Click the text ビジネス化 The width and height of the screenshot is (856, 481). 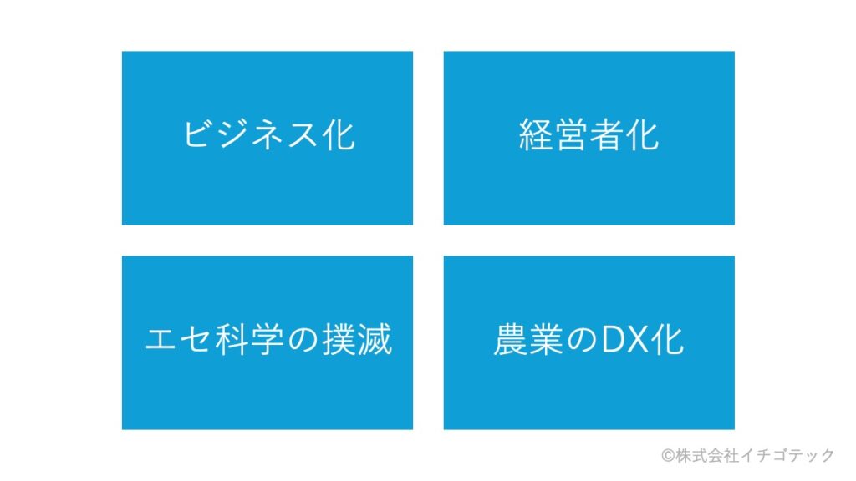[268, 136]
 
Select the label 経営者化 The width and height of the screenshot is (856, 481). [588, 136]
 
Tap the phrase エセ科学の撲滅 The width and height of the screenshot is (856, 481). [268, 341]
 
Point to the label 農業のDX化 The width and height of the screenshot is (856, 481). [588, 341]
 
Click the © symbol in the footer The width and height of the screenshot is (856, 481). [667, 455]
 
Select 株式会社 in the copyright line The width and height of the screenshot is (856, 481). [703, 455]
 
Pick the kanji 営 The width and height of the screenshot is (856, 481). [571, 136]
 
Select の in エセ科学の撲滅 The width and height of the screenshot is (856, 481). [303, 341]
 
